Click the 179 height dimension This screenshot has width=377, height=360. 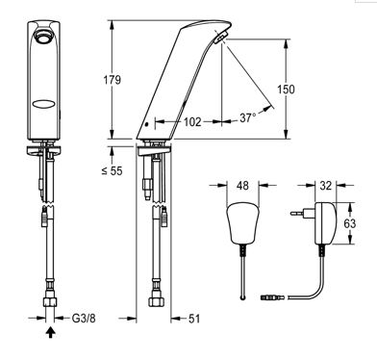pos(112,80)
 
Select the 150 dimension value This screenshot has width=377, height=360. pos(286,90)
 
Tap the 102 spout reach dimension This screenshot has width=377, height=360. pos(192,122)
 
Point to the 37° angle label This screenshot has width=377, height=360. pos(248,117)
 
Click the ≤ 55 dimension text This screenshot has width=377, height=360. pos(112,170)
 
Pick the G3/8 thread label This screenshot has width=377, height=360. pos(84,319)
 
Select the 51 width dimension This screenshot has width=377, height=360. pos(194,319)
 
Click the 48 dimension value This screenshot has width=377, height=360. pos(242,185)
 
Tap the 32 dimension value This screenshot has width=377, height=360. pos(325,185)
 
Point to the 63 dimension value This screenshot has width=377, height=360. pos(350,223)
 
